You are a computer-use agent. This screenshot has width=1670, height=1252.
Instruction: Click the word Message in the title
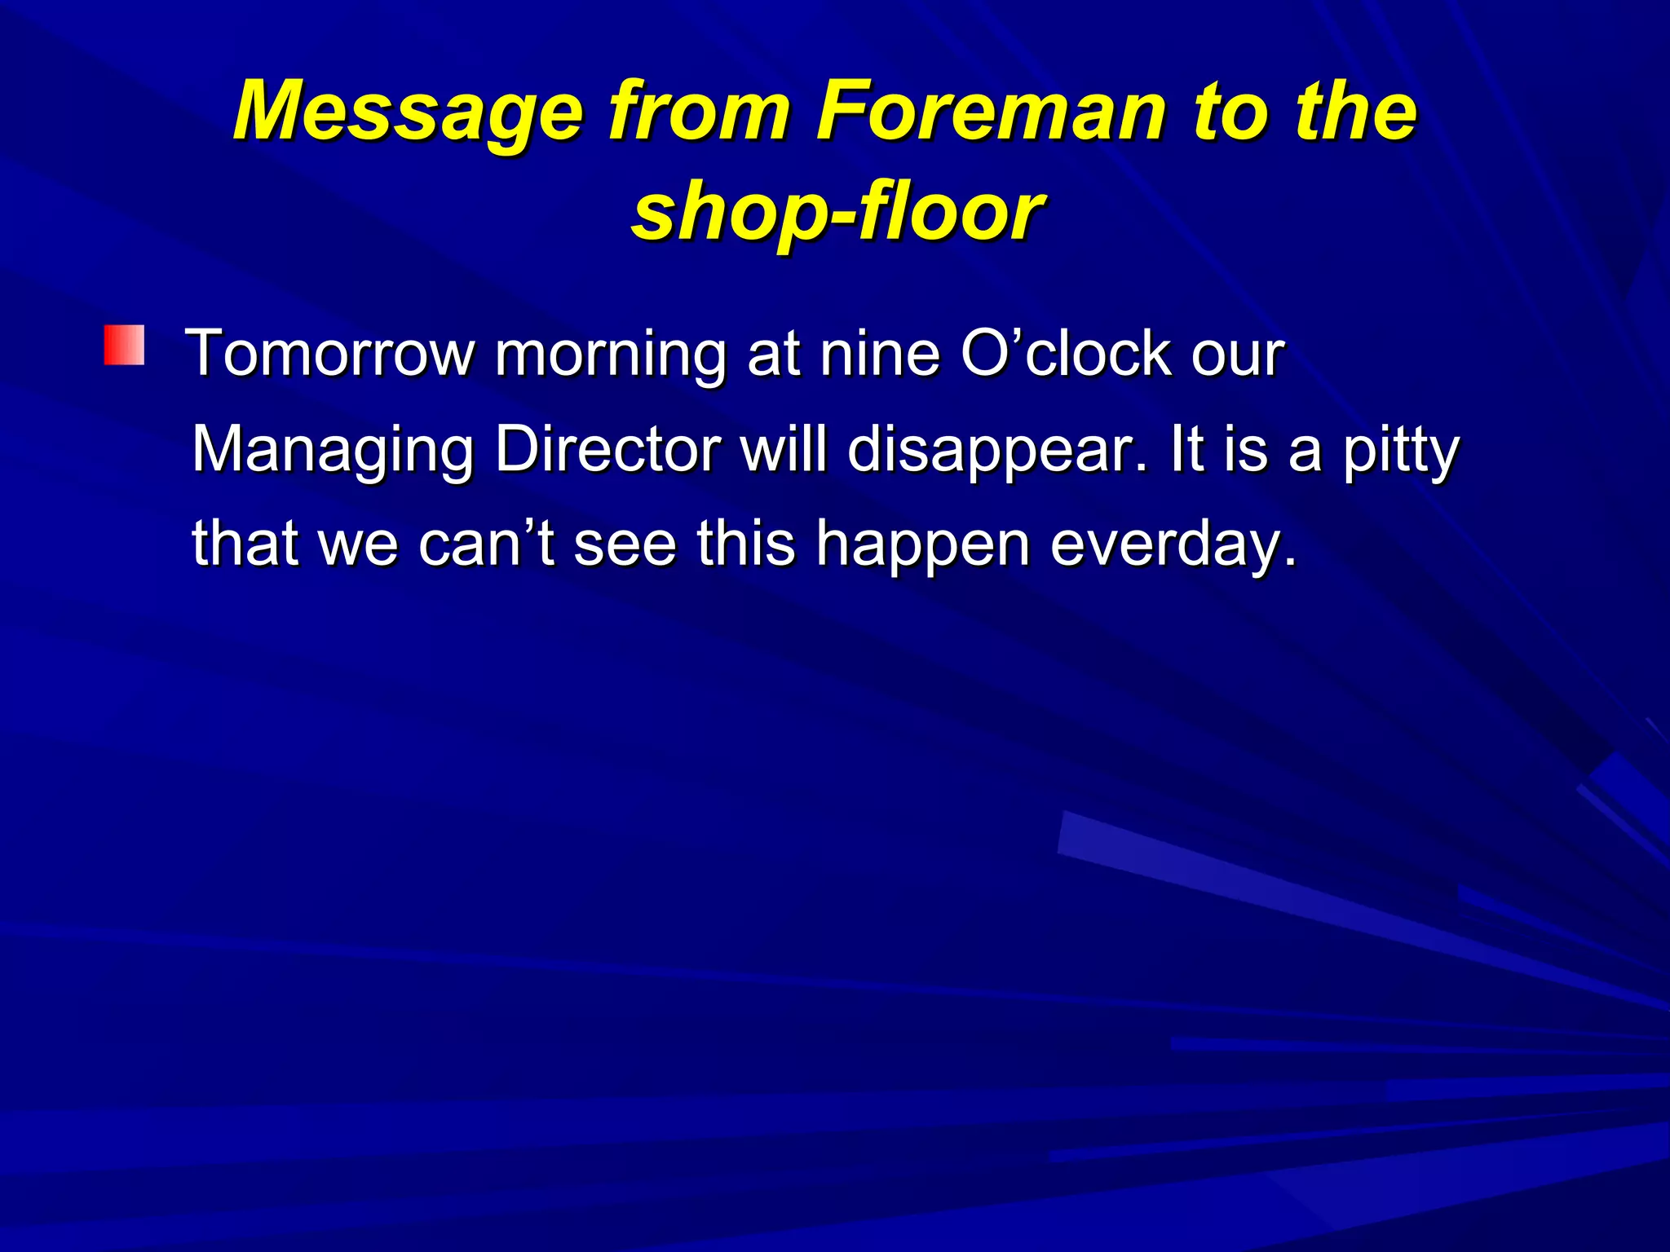point(408,112)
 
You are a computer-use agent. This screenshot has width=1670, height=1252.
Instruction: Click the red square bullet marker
point(124,345)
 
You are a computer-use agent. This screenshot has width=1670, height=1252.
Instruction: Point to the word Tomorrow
point(330,354)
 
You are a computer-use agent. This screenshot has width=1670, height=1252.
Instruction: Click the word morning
point(610,355)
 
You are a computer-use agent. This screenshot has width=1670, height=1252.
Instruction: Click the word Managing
point(333,451)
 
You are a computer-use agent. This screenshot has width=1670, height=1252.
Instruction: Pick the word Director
point(607,449)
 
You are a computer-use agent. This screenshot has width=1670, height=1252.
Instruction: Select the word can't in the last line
point(486,544)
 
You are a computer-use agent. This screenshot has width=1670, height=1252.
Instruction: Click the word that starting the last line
point(245,544)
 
